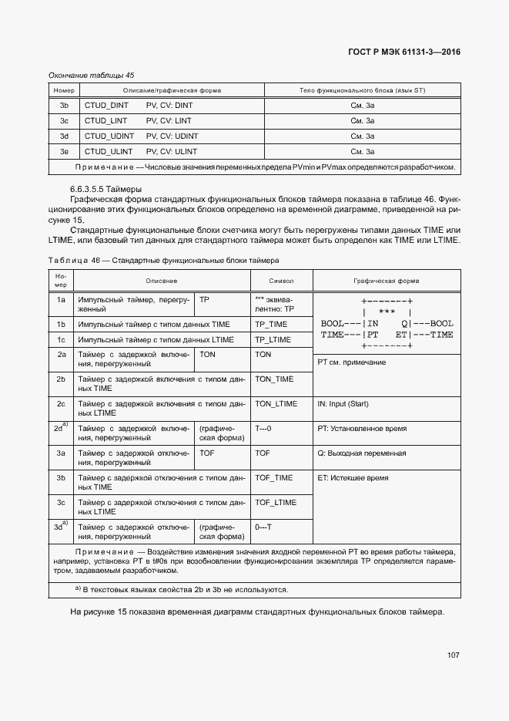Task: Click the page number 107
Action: [453, 655]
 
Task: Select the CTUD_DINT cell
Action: [106, 105]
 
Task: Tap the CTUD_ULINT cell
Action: [108, 151]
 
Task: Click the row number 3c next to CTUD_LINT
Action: [65, 120]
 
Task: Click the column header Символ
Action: [281, 281]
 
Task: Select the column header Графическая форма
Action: [387, 281]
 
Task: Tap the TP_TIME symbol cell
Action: [271, 324]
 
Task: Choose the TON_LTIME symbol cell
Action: [276, 403]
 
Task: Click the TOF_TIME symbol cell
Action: [273, 477]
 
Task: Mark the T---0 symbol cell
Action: [263, 428]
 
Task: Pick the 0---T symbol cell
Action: [263, 527]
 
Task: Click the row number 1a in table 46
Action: [61, 298]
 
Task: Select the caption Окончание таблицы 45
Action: [91, 75]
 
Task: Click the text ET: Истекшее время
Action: [353, 478]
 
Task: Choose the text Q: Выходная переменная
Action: [361, 453]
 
